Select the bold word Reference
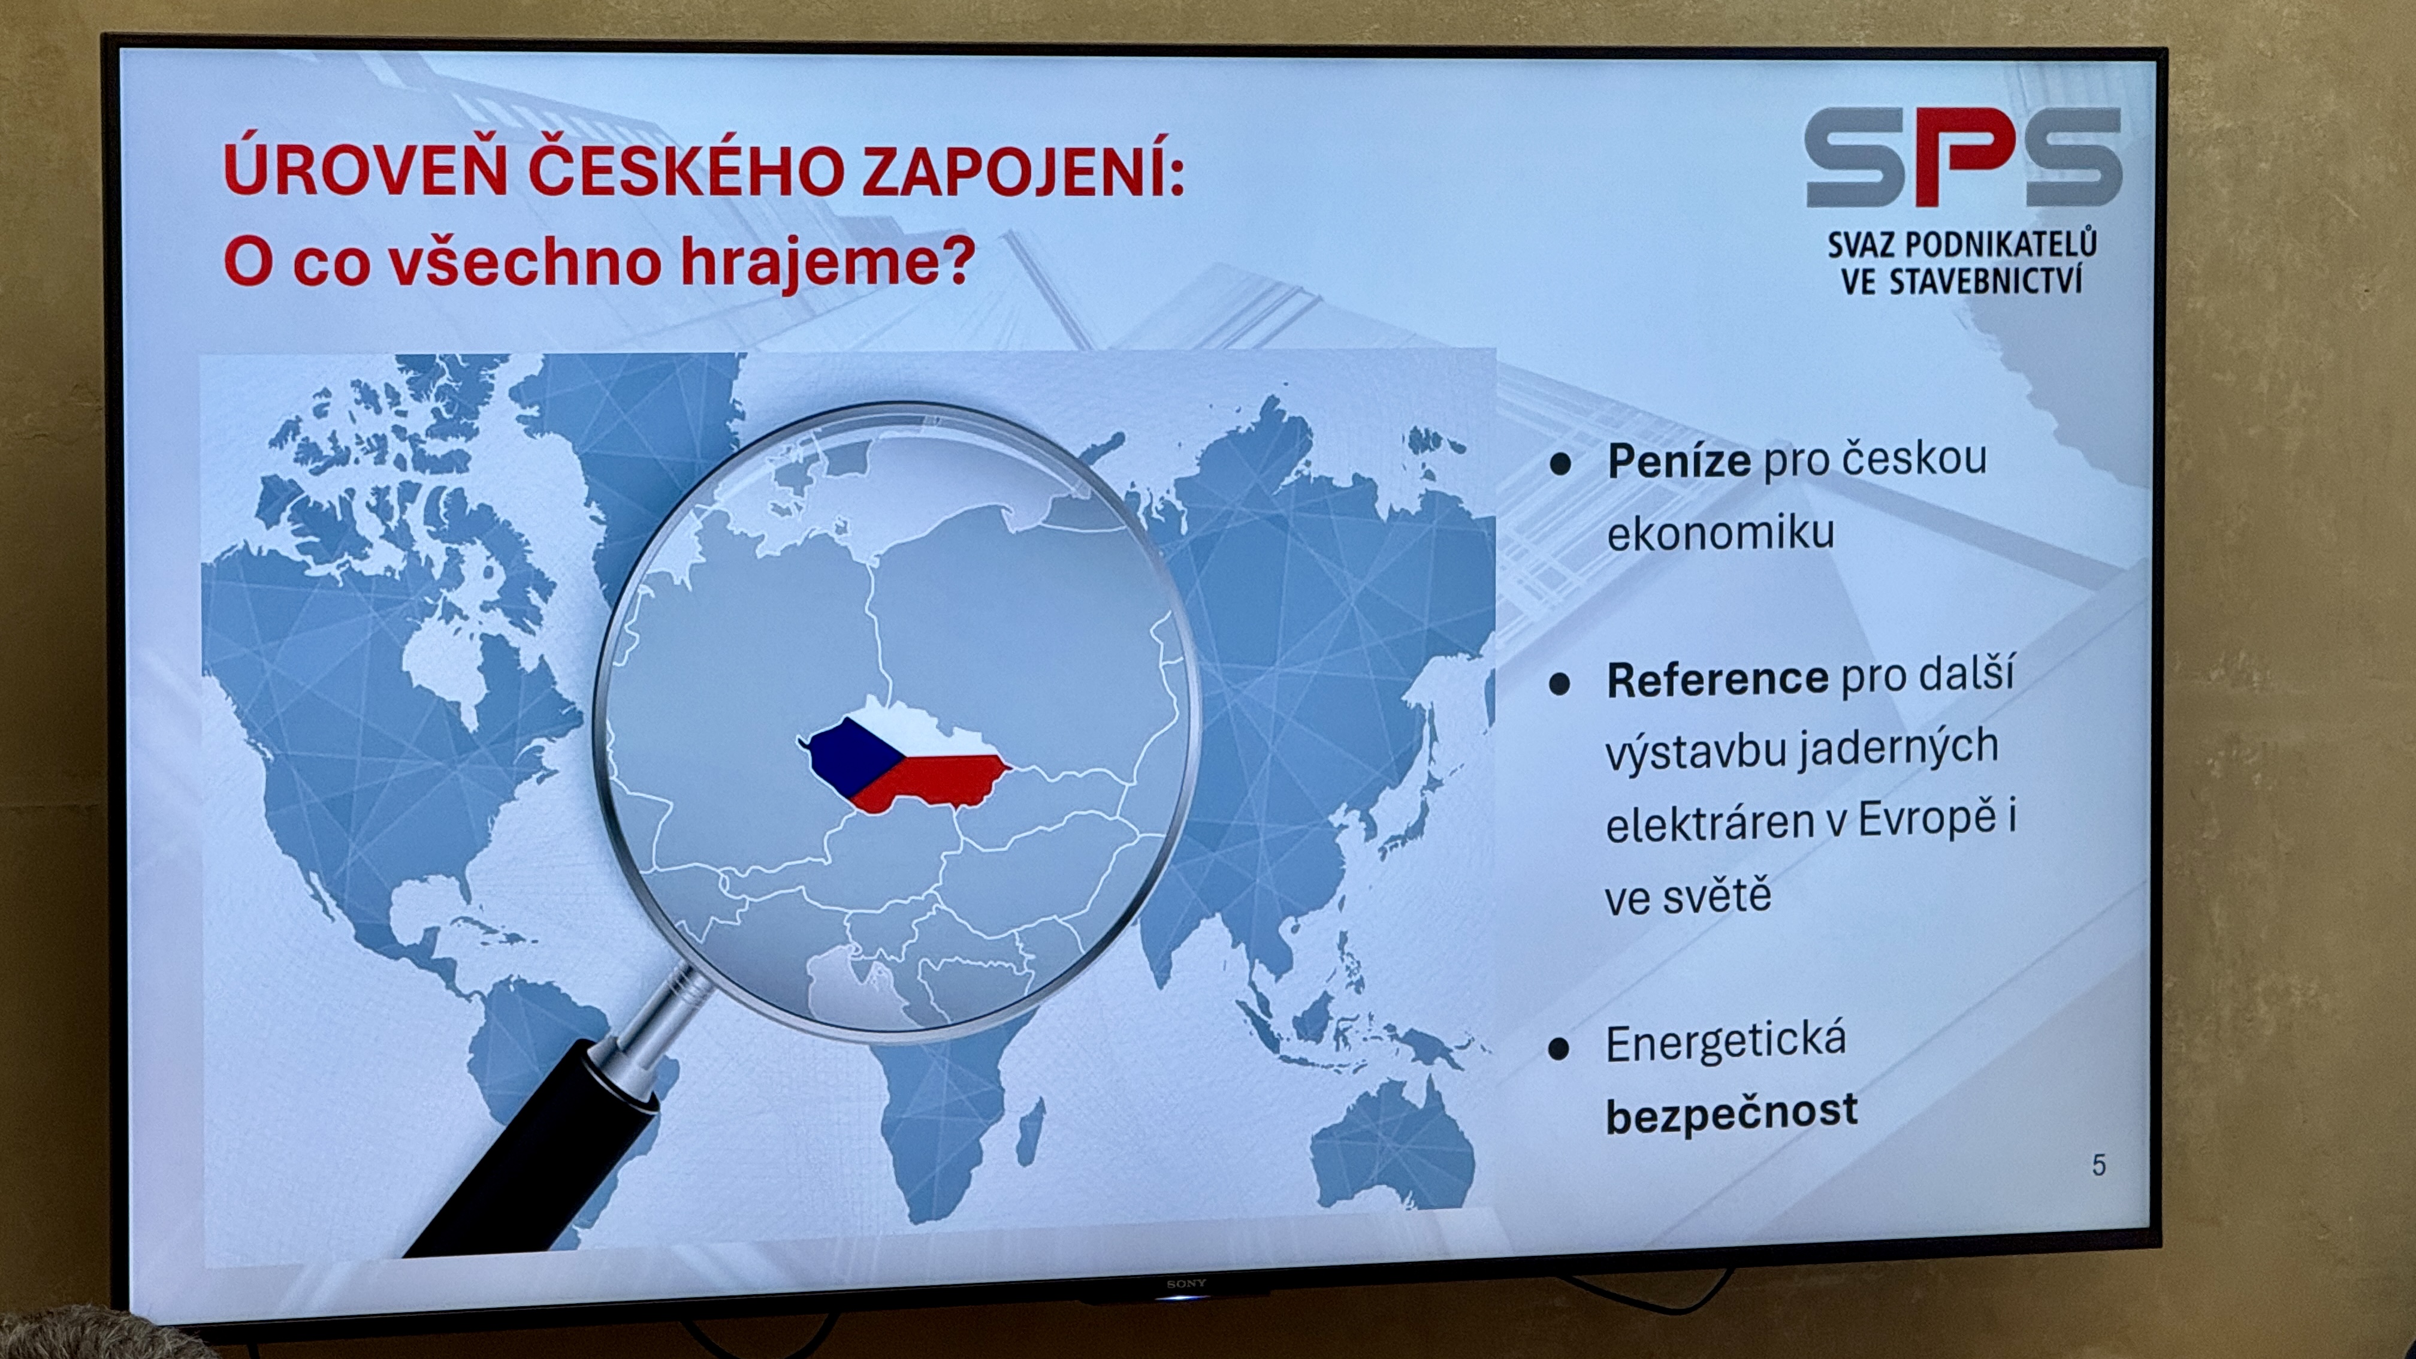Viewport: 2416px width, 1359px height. point(1717,679)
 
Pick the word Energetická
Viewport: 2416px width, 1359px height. point(1726,1043)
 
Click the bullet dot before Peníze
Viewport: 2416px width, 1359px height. point(1560,464)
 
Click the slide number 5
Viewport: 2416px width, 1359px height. point(2099,1165)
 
